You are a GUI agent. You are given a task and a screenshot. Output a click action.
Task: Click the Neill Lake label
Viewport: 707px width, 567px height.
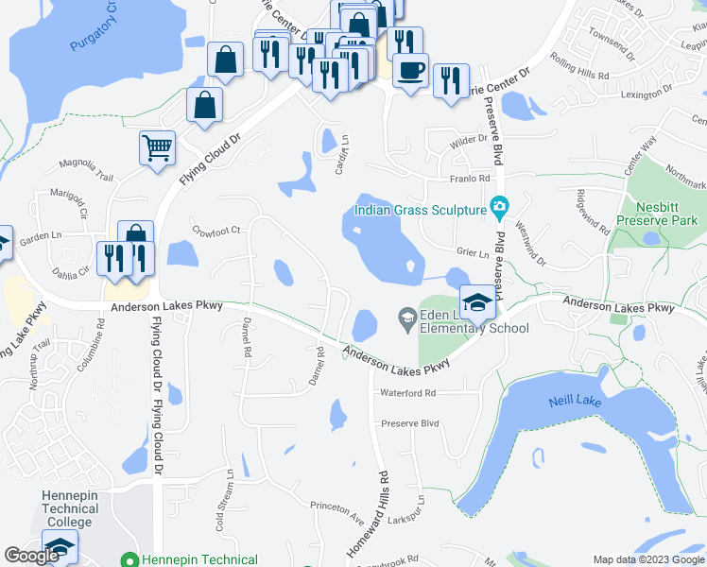tap(574, 402)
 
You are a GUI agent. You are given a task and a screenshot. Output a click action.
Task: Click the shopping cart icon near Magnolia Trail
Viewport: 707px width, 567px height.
tap(157, 147)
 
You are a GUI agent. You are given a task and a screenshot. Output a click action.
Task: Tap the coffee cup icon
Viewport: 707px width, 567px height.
tap(410, 71)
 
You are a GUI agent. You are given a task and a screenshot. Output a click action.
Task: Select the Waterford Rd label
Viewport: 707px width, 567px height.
tap(407, 392)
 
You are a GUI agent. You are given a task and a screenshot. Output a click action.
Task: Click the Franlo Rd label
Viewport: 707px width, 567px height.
tap(470, 178)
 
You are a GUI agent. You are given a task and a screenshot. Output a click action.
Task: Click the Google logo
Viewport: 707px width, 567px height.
tap(32, 557)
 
